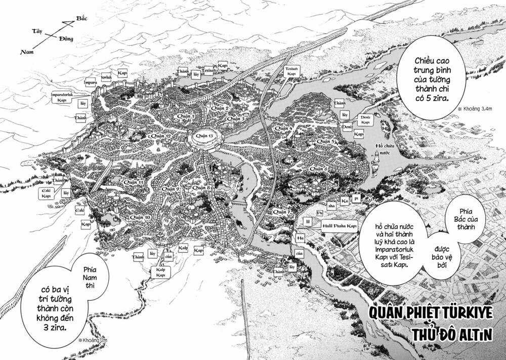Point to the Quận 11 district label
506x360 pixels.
(133, 182)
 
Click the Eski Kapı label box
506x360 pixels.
(47, 193)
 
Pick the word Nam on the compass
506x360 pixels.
(26, 52)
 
